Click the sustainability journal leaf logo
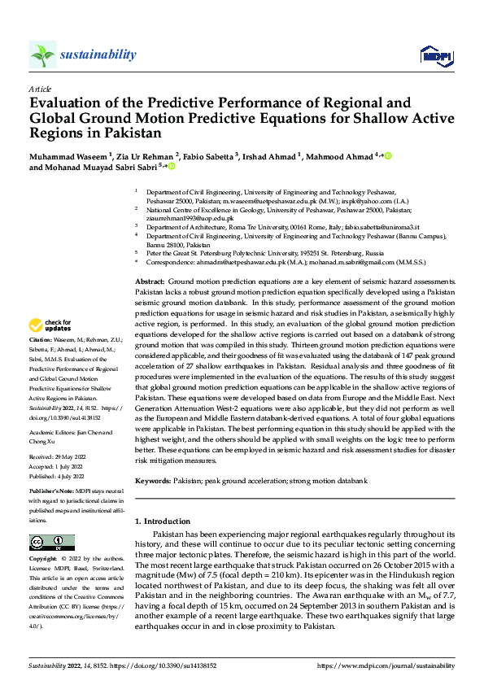(42, 55)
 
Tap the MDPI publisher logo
(431, 55)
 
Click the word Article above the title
(40, 89)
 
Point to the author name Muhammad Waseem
(67, 155)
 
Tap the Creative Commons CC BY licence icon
(51, 543)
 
